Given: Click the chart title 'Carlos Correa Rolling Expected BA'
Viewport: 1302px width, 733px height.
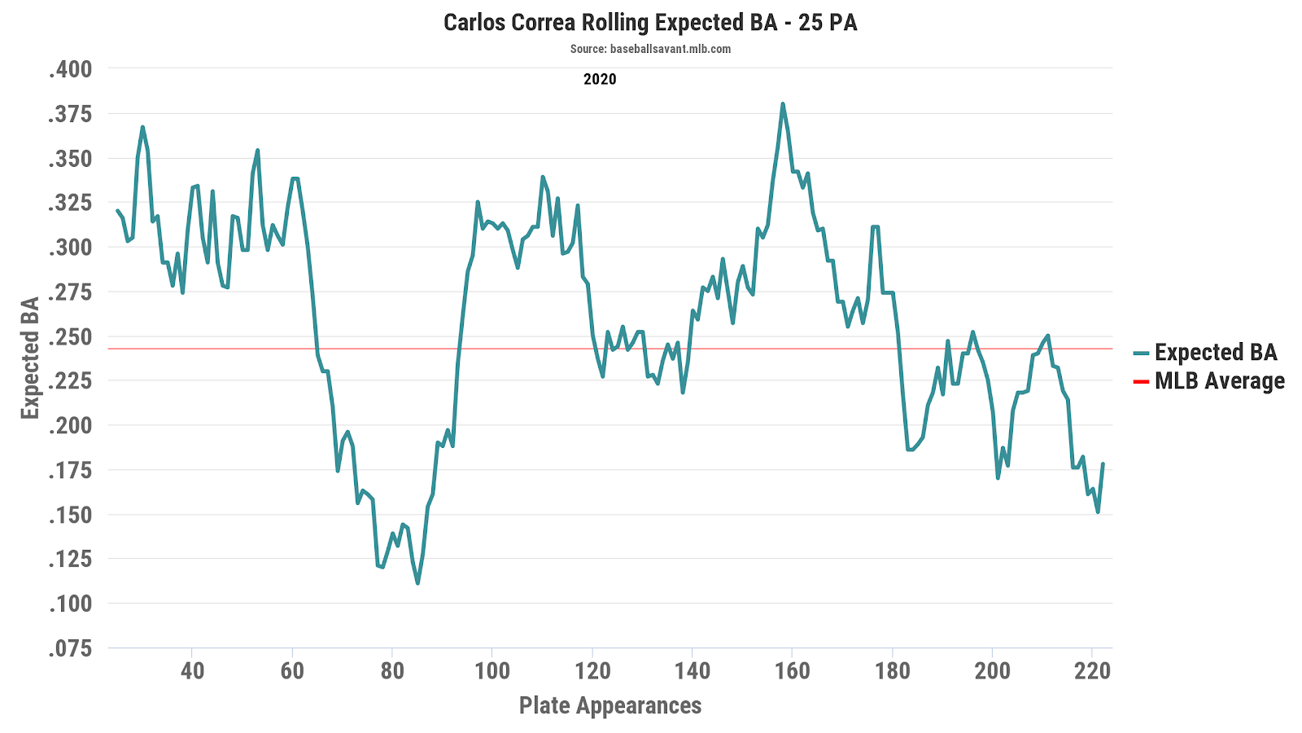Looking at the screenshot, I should pos(650,22).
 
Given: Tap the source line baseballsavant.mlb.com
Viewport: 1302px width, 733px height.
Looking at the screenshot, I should pos(650,49).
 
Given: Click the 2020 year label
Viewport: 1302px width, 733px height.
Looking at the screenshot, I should pos(600,79).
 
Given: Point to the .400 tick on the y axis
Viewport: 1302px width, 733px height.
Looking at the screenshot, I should pos(70,69).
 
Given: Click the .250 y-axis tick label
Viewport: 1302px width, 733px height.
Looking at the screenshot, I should pos(70,336).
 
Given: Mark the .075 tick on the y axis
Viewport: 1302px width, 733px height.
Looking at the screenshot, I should pos(70,648).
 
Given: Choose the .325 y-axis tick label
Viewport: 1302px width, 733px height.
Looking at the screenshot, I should pos(70,203).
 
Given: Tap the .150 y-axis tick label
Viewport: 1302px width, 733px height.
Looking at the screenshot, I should pos(70,515).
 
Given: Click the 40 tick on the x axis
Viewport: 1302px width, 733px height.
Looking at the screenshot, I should pos(192,671).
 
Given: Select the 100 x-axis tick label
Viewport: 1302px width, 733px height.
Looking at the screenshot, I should pos(492,671).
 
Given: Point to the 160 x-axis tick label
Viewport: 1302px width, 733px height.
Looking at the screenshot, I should pos(793,671).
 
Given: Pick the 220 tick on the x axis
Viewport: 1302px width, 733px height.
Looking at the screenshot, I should pos(1093,671).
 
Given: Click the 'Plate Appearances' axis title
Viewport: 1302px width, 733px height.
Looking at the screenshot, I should pos(610,705).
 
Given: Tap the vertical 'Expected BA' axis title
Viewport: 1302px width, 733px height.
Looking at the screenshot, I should pos(30,358).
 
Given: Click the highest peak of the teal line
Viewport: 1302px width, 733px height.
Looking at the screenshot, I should pos(782,104).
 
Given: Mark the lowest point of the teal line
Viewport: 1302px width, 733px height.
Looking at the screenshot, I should pos(417,583).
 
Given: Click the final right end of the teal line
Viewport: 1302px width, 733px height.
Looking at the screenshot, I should pos(1103,464).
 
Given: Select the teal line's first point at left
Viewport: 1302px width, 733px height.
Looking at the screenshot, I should pos(117,210).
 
